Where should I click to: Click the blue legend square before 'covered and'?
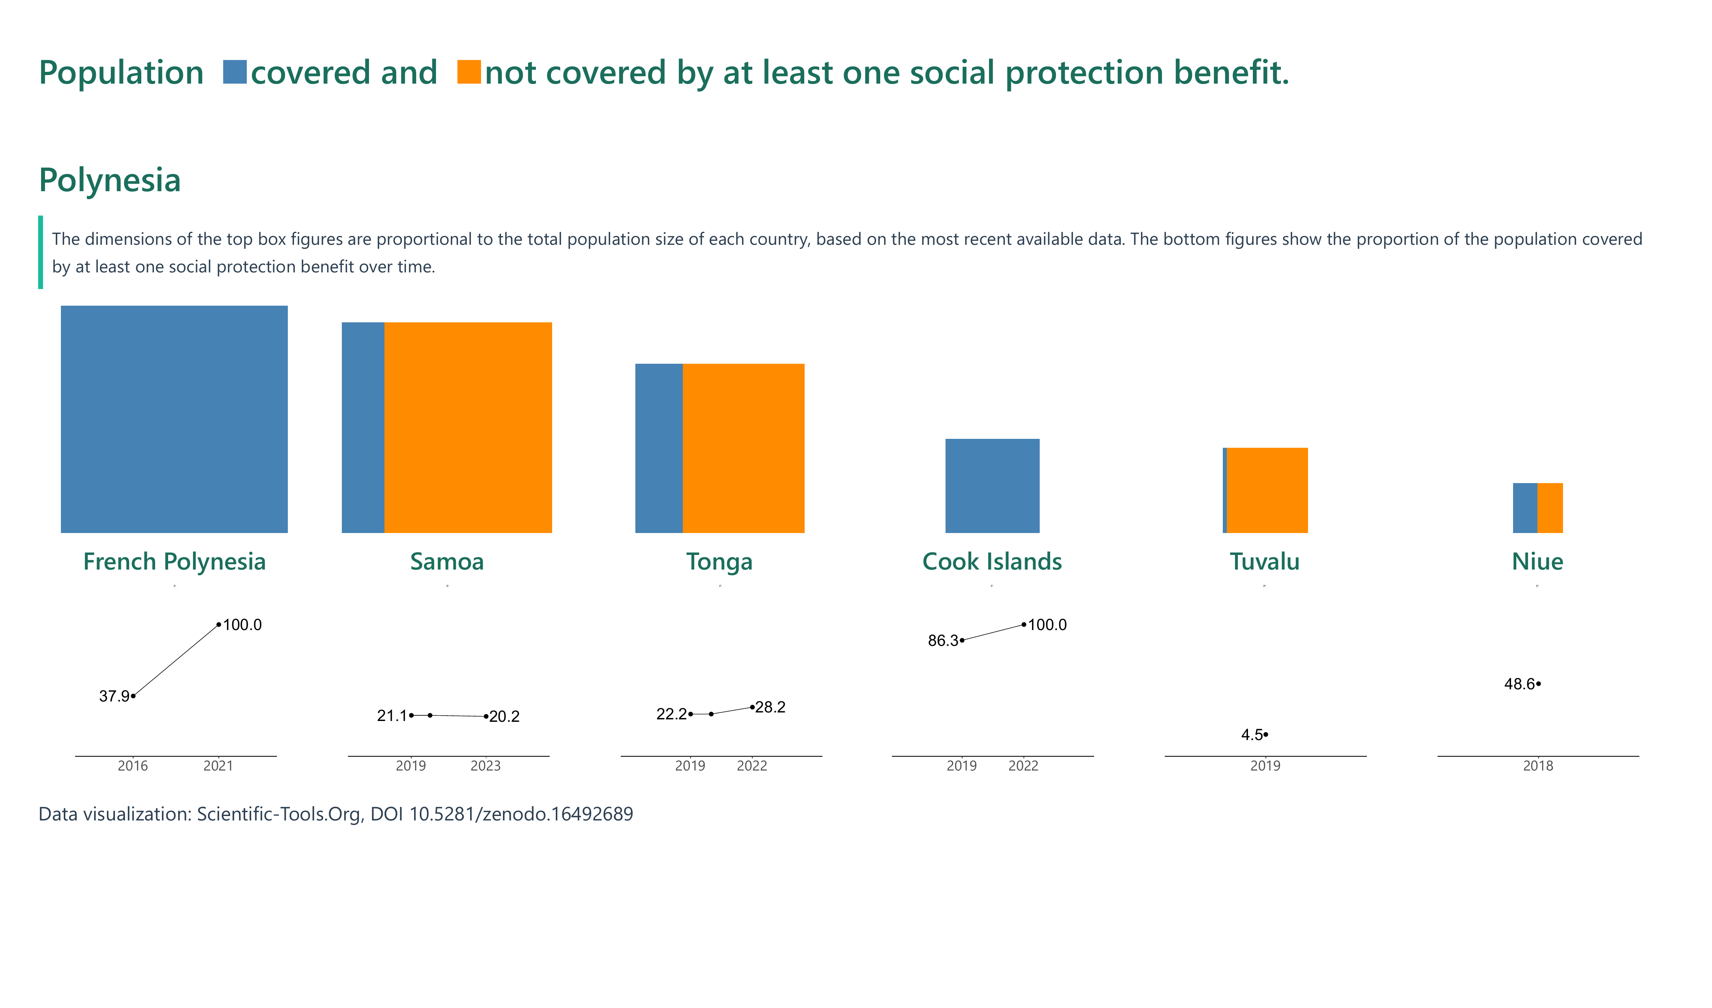pyautogui.click(x=234, y=72)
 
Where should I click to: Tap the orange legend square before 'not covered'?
pyautogui.click(x=469, y=72)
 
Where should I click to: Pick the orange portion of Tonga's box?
pyautogui.click(x=743, y=448)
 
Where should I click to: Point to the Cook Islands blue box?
pyautogui.click(x=992, y=486)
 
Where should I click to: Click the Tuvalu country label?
pyautogui.click(x=1264, y=562)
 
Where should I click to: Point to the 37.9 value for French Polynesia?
pyautogui.click(x=114, y=696)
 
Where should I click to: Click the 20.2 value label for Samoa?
pyautogui.click(x=504, y=717)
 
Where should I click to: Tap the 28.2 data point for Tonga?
pyautogui.click(x=752, y=707)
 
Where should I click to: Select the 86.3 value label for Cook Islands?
pyautogui.click(x=943, y=641)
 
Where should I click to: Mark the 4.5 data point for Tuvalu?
pyautogui.click(x=1266, y=734)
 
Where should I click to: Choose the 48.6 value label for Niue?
pyautogui.click(x=1519, y=684)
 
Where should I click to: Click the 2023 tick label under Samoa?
pyautogui.click(x=485, y=766)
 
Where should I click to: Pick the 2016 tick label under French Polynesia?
pyautogui.click(x=132, y=766)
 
